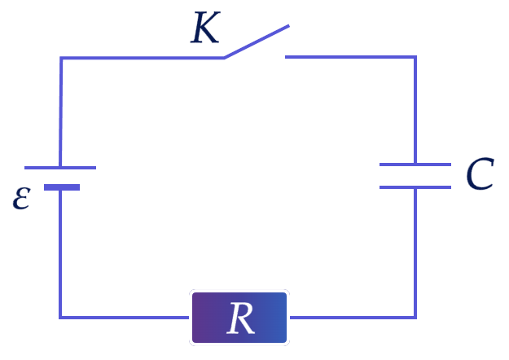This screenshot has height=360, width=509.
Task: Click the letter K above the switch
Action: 205,27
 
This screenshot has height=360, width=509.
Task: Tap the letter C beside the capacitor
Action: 480,174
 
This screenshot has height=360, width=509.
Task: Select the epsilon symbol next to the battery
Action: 22,199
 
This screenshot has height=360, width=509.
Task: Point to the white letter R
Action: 241,318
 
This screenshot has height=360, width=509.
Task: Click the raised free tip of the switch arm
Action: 288,25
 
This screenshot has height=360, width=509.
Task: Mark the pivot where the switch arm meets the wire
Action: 224,58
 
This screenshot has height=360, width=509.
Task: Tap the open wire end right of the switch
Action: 286,57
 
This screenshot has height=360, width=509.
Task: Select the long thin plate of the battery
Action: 60,168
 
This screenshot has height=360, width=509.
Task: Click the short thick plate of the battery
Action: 62,187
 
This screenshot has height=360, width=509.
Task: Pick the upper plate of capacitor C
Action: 415,165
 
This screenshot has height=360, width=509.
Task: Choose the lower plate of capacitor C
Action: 415,187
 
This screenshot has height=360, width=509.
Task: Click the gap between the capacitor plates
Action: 415,176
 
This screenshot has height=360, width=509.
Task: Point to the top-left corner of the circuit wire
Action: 61,58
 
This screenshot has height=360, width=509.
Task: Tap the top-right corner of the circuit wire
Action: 415,57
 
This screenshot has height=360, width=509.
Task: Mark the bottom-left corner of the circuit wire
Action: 60,318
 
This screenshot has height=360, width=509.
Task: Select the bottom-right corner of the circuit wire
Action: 415,318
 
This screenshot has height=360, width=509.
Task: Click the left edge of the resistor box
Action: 191,318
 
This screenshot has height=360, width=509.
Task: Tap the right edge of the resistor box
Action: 288,318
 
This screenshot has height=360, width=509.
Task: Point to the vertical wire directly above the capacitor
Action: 415,111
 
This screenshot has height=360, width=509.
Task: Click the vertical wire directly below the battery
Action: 60,254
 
